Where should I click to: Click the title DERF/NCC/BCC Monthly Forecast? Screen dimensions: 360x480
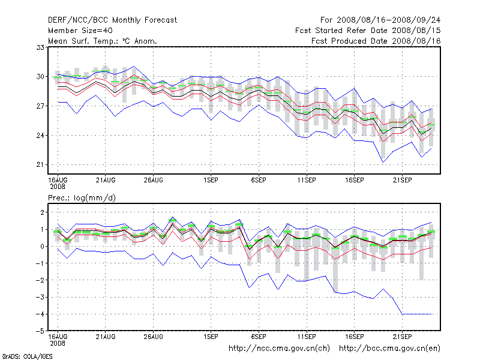click(x=112, y=20)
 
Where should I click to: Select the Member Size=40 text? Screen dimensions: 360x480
click(x=80, y=30)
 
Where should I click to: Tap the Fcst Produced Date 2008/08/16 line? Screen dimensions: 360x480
click(x=376, y=41)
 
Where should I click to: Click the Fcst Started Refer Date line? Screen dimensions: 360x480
click(x=368, y=30)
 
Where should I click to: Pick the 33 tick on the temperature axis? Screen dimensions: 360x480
click(x=41, y=47)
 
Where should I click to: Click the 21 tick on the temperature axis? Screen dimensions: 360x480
click(x=41, y=165)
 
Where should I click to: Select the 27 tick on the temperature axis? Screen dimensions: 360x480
click(x=41, y=106)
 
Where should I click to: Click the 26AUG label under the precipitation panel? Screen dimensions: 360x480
click(x=154, y=337)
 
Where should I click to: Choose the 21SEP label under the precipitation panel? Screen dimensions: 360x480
click(x=402, y=337)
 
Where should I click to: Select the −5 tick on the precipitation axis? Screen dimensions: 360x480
click(x=40, y=331)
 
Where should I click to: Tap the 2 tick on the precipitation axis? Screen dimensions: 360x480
click(x=42, y=212)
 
